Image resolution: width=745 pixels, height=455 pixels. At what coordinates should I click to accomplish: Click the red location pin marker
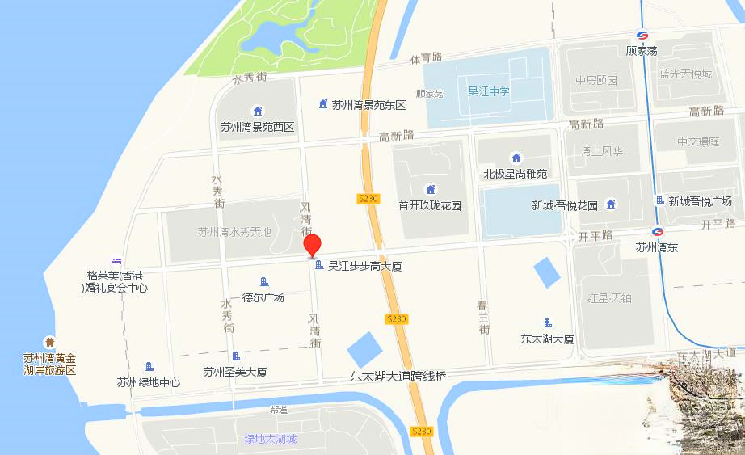tap(312, 245)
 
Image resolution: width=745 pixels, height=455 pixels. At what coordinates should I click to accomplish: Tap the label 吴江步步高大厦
tap(364, 266)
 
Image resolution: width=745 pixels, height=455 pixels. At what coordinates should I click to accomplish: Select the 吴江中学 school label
tap(489, 91)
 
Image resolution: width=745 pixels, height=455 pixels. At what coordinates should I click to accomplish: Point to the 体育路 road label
tap(426, 57)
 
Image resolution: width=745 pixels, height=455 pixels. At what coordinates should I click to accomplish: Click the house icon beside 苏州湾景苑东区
tap(323, 103)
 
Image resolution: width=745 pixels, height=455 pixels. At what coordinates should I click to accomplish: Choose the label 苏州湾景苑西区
tap(257, 127)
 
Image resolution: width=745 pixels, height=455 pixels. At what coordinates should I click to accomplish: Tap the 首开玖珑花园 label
tap(430, 205)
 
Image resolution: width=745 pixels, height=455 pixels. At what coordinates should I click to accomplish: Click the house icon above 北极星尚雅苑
tap(516, 158)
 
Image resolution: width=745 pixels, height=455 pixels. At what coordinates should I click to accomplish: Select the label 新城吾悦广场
tap(700, 201)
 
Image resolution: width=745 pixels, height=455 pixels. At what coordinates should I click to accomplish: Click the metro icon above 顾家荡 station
tap(642, 36)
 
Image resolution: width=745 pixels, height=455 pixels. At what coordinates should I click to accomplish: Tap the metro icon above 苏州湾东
tap(657, 233)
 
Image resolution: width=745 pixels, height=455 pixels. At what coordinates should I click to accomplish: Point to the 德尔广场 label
tap(263, 297)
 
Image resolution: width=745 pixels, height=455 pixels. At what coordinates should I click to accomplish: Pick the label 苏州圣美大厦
tap(235, 372)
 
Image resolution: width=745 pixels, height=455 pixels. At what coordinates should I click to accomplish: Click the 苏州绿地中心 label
tap(148, 382)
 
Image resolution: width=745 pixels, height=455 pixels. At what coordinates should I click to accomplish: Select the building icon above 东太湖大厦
tap(548, 323)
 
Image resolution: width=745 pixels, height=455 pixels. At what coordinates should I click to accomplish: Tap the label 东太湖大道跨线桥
tap(398, 376)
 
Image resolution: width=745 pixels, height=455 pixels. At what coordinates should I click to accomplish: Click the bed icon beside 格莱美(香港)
tap(116, 260)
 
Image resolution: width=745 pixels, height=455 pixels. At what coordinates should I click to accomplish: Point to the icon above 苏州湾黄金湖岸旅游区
tap(50, 343)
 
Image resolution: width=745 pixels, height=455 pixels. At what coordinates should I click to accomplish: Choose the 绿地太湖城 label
tap(271, 440)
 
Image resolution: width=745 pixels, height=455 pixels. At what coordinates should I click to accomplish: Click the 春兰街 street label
tap(483, 318)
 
